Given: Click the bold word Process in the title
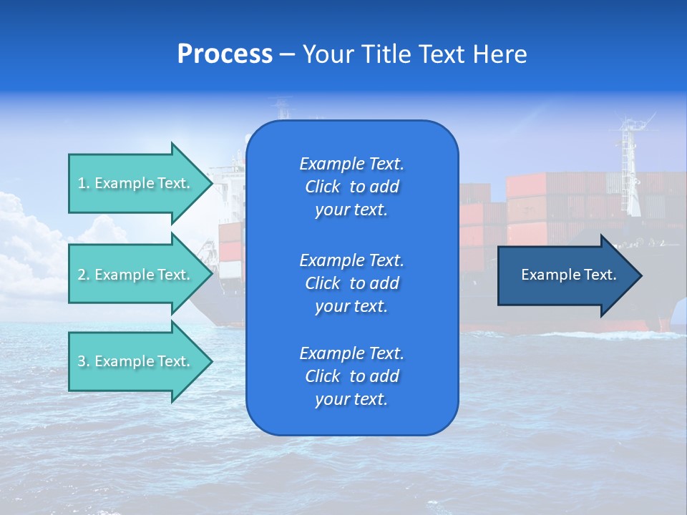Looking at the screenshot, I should coord(225,54).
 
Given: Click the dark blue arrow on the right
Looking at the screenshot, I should coord(565,275).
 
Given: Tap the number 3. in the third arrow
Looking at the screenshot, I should coord(84,361).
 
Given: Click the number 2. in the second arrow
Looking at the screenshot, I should coord(84,275).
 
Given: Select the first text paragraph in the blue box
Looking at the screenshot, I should coord(351,187).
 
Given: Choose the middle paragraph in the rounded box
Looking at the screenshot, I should coord(351,283).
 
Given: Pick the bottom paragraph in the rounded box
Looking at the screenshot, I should coord(351,376).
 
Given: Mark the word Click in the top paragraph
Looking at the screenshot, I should coord(322,187).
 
